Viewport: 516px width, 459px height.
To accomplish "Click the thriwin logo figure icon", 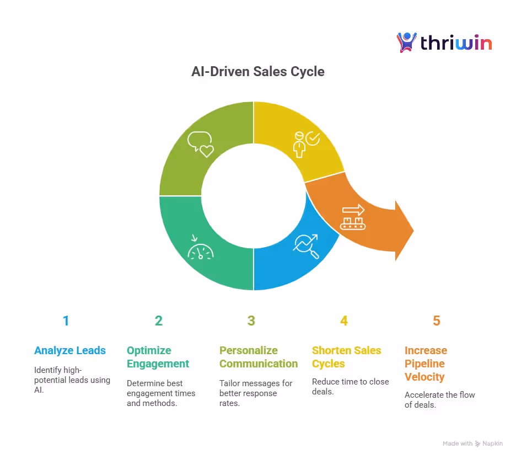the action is point(406,42).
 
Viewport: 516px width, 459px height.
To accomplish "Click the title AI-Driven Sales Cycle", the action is point(257,71).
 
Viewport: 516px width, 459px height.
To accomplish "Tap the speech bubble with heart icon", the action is point(200,145).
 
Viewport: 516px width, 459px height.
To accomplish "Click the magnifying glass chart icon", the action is point(307,246).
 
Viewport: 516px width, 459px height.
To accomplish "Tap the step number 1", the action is point(66,321).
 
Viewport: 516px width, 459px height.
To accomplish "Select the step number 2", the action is point(159,321).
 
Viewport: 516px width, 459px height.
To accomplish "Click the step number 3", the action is point(251,321).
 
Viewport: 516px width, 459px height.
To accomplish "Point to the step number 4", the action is point(344,321).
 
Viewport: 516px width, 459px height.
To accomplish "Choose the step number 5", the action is point(437,321).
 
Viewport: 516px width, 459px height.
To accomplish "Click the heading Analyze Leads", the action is point(70,350).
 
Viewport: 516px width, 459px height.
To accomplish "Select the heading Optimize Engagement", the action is point(158,357).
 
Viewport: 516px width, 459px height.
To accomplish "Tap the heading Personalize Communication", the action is point(259,357).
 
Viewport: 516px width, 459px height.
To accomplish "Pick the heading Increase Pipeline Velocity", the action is point(426,364).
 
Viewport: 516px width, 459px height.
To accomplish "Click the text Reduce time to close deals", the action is point(350,386).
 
